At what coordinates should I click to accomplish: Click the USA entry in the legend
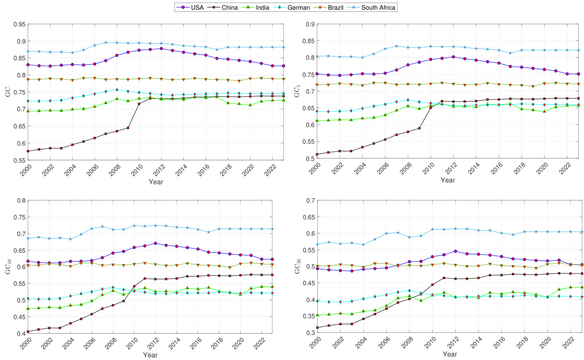click(193, 7)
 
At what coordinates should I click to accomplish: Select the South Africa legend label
click(379, 7)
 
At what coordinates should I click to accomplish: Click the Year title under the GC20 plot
click(450, 354)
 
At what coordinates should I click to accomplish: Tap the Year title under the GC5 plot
click(448, 180)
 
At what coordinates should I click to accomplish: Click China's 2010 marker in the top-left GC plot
click(139, 104)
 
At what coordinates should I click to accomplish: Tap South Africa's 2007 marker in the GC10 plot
click(102, 227)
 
